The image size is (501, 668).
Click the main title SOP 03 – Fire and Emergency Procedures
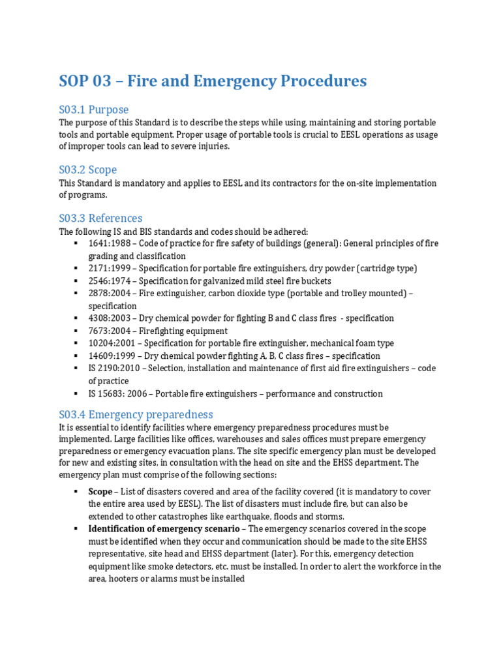pyautogui.click(x=213, y=82)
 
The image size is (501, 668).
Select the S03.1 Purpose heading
pyautogui.click(x=94, y=110)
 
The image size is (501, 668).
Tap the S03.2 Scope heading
pyautogui.click(x=88, y=170)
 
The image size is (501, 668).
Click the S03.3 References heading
pyautogui.click(x=100, y=218)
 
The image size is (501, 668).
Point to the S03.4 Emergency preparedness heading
pyautogui.click(x=136, y=414)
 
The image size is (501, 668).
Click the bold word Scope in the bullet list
pyautogui.click(x=100, y=491)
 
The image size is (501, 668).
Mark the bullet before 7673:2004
pyautogui.click(x=77, y=331)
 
